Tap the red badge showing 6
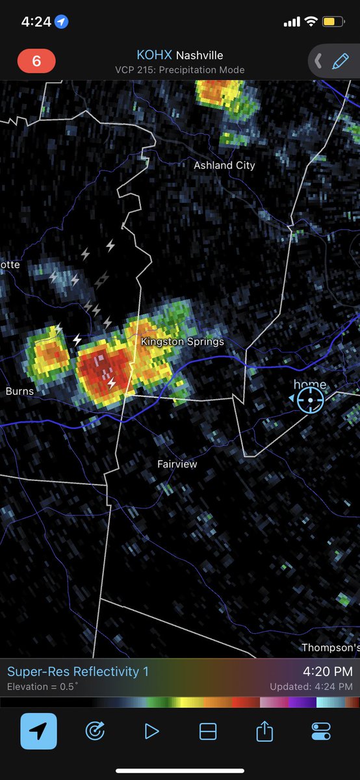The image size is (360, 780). click(36, 61)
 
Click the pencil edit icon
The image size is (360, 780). click(340, 61)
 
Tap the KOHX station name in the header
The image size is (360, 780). click(155, 56)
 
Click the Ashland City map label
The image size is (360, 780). click(224, 166)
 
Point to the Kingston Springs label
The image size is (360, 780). click(182, 341)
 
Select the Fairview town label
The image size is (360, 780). click(177, 464)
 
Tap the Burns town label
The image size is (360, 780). click(19, 391)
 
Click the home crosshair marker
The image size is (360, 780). click(310, 400)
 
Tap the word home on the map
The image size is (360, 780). click(309, 385)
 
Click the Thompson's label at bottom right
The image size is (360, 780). click(331, 647)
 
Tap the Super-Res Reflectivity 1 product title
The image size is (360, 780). click(78, 671)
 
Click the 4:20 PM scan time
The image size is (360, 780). click(328, 671)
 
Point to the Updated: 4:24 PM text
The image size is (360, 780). click(311, 686)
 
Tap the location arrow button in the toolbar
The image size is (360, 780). click(38, 731)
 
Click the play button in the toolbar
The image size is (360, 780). click(151, 731)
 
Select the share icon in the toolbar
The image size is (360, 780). click(264, 731)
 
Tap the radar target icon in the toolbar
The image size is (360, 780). click(95, 731)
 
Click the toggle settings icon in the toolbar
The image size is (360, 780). click(321, 731)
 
